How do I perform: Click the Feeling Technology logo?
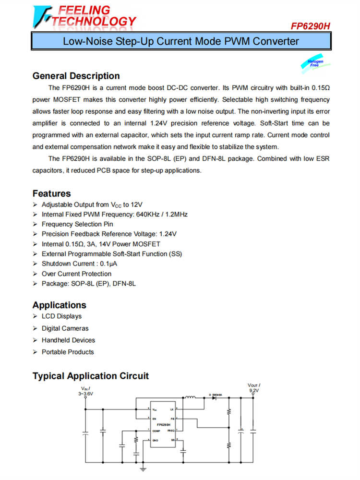click(84, 16)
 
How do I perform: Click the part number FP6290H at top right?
click(311, 26)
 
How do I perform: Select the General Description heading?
click(76, 76)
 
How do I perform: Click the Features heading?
click(51, 193)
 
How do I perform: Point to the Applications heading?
click(59, 305)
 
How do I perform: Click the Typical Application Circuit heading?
click(91, 376)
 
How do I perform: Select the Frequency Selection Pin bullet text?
click(78, 224)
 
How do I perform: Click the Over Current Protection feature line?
click(76, 274)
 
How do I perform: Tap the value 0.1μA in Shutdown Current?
click(110, 264)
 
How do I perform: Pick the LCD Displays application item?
click(61, 316)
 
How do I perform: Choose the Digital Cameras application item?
click(65, 328)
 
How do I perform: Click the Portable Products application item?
click(68, 352)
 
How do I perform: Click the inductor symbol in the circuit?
click(191, 397)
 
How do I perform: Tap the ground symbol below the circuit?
click(143, 468)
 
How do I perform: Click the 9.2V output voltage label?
click(254, 391)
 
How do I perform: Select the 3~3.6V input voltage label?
click(86, 394)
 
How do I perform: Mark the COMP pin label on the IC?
click(156, 431)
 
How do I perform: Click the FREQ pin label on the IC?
click(171, 431)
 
